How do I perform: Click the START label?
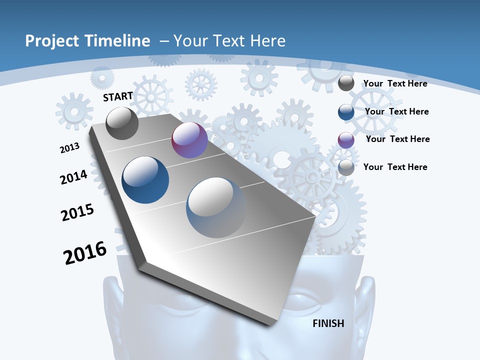[118, 96]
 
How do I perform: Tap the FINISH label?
[328, 323]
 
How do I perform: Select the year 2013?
[69, 147]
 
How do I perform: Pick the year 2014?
[73, 177]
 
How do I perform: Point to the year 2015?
[77, 212]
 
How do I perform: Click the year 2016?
[85, 253]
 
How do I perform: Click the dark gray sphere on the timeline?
[122, 123]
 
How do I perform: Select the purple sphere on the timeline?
[189, 140]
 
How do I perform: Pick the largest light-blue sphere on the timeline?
[216, 207]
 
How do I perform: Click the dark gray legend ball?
[346, 83]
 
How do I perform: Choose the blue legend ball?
[346, 111]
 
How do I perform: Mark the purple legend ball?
[346, 139]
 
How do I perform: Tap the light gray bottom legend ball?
[346, 167]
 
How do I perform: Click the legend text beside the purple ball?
[397, 139]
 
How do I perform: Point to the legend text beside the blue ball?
[396, 111]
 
